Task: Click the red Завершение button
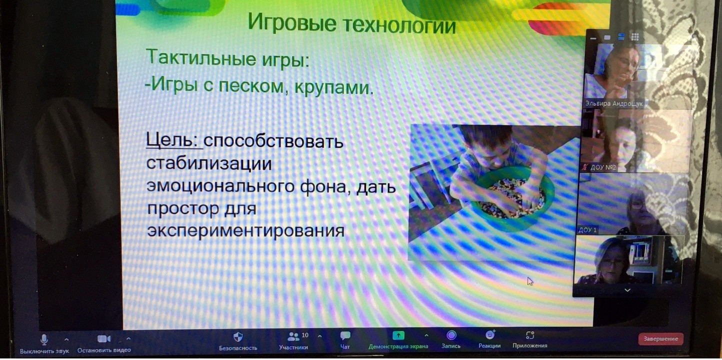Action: (660, 338)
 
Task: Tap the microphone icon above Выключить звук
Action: (44, 339)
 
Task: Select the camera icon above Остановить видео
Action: (104, 338)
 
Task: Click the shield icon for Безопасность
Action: (238, 337)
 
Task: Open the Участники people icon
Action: (293, 337)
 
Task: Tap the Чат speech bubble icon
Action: (345, 336)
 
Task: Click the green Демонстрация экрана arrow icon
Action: (398, 336)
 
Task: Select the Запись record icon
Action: (451, 335)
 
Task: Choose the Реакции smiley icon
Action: (490, 335)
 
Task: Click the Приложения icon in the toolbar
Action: (530, 335)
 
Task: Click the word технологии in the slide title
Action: (399, 25)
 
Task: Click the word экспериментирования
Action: (245, 231)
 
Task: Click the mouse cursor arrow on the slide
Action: (530, 281)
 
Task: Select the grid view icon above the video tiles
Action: (635, 36)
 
